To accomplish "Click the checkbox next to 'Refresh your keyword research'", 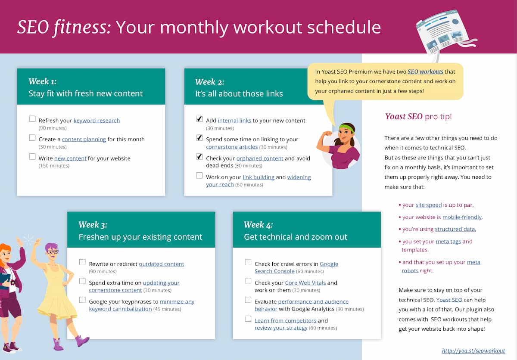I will coord(32,119).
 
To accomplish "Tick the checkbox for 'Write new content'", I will coord(32,157).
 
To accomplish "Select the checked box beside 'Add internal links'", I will coord(199,119).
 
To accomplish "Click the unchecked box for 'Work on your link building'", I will coord(199,176).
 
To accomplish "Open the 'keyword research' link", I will coord(97,121).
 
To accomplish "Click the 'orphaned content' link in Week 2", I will coord(260,158).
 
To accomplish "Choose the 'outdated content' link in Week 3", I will coord(161,264).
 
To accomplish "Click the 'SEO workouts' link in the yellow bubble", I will coord(425,71).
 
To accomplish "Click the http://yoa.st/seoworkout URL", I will coord(473,351).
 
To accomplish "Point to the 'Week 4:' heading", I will coord(258,225).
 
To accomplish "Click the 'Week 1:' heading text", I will coord(42,81).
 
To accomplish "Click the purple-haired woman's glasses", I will coord(52,252).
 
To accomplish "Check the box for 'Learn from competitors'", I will coord(248,319).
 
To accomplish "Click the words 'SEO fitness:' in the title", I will coord(64,27).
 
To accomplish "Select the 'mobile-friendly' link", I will coord(462,217).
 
